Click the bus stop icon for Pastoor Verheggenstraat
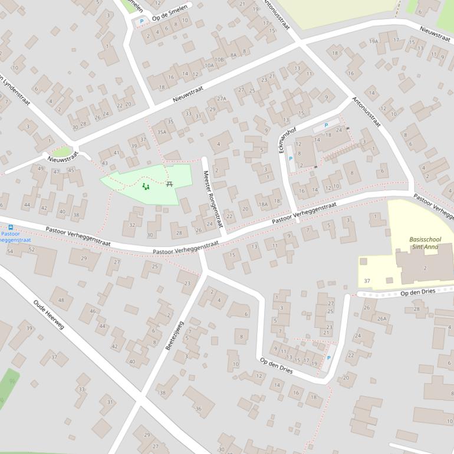coord(10,226)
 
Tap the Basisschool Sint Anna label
coord(425,244)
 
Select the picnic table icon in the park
coord(170,184)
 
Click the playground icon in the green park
coord(146,187)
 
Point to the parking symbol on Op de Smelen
coord(142,22)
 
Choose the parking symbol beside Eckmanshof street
coord(290,159)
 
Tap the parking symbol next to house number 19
coord(328,358)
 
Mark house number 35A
coord(162,132)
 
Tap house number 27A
coord(221,98)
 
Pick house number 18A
coord(263,204)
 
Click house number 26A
coord(381,319)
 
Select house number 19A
coord(373,41)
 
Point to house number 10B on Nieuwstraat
coord(219,59)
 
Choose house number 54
coord(9,251)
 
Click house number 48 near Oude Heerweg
coord(61,300)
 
